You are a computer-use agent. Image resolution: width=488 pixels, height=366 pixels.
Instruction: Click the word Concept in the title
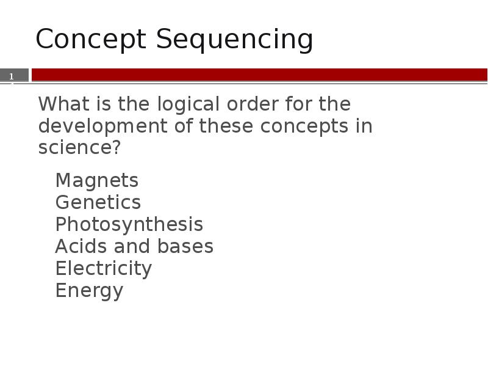[92, 40]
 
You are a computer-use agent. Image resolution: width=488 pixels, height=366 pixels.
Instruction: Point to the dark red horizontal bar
[259, 75]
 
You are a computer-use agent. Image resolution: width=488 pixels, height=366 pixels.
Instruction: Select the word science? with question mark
[79, 148]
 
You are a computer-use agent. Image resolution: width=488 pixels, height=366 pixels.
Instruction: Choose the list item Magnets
[96, 181]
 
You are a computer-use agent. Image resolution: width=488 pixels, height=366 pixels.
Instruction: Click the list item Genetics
[98, 202]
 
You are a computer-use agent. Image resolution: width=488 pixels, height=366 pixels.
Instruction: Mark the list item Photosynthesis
[129, 225]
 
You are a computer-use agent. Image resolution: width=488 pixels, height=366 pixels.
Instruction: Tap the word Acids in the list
[79, 246]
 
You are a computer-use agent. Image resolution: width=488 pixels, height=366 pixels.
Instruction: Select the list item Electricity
[103, 268]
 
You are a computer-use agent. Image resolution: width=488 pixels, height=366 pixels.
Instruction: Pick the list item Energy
[89, 291]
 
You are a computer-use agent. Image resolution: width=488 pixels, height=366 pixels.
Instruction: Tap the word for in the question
[297, 104]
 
